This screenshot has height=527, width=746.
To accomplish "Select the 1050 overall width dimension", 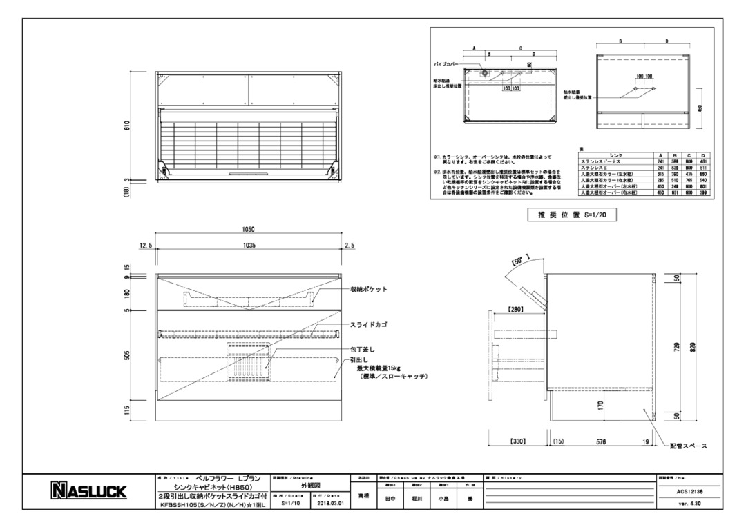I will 248,230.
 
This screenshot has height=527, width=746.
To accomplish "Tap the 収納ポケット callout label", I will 368,290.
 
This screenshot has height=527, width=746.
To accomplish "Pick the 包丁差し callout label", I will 362,350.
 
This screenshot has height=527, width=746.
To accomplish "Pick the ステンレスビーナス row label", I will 602,161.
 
